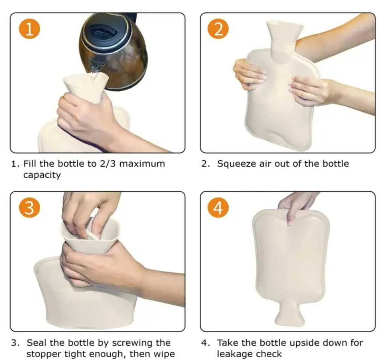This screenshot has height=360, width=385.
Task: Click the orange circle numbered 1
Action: [x=30, y=28]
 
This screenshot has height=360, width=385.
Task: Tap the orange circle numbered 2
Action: [x=218, y=28]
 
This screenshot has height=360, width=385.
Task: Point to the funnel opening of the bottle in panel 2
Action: [x=285, y=25]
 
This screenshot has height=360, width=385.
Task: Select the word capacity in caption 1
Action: [x=42, y=175]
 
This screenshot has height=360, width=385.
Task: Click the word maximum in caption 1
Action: [x=142, y=164]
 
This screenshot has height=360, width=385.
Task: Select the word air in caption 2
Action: [x=265, y=164]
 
